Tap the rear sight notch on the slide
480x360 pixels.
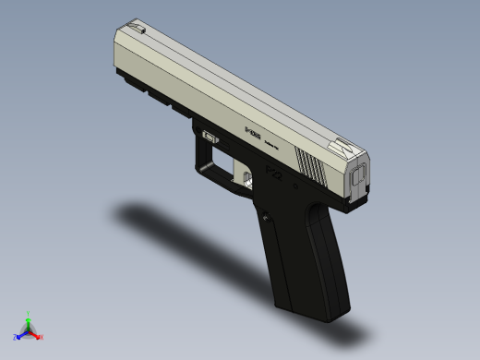(343, 145)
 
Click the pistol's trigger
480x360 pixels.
(246, 173)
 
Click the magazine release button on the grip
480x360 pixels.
(268, 218)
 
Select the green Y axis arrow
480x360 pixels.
(29, 319)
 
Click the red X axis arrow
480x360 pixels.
(36, 335)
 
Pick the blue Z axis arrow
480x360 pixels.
(21, 335)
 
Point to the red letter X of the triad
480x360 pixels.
(42, 337)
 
